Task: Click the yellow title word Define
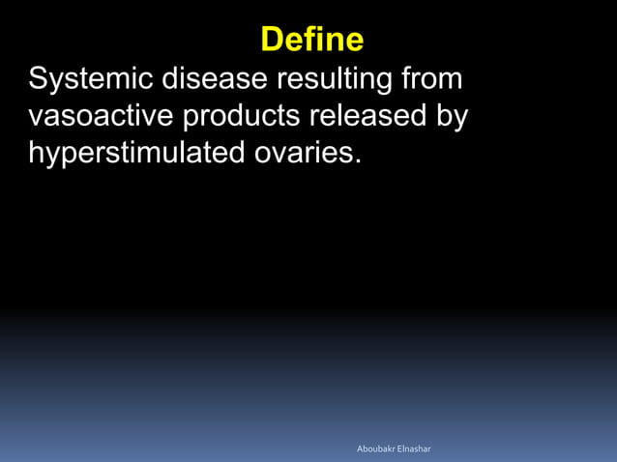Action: click(x=312, y=40)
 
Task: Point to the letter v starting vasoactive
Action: click(x=36, y=118)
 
